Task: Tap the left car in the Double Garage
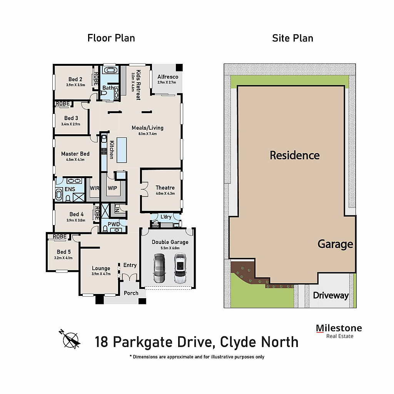[x=159, y=268]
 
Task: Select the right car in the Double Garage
[x=179, y=268]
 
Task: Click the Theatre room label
[x=165, y=188]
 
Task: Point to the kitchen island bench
[x=122, y=150]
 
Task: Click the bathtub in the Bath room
[x=111, y=71]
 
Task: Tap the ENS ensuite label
[x=70, y=189]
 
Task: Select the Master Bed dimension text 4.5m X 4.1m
[x=75, y=159]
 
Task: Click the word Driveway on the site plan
[x=331, y=295]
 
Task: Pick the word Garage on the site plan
[x=335, y=244]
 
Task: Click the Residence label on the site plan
[x=294, y=155]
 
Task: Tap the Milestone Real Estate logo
[x=339, y=331]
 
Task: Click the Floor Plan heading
[x=111, y=38]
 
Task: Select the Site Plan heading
[x=292, y=38]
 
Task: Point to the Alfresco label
[x=168, y=77]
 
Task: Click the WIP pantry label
[x=112, y=188]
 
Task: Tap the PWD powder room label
[x=114, y=224]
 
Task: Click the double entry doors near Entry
[x=128, y=277]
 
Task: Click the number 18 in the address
[x=102, y=342]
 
